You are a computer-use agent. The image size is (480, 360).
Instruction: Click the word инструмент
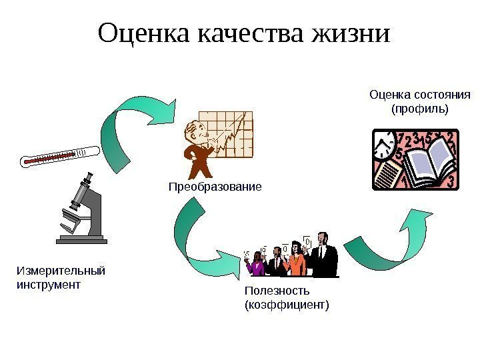click(x=47, y=285)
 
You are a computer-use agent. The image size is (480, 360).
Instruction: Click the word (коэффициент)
click(x=287, y=305)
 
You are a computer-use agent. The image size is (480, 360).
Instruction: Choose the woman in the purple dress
click(x=255, y=265)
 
